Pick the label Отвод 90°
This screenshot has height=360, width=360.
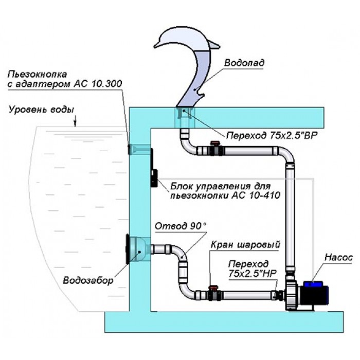point(178,226)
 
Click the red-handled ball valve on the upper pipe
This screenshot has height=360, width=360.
point(215,150)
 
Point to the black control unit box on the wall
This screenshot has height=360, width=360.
point(153,169)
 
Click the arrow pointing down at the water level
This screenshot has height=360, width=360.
point(76,121)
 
